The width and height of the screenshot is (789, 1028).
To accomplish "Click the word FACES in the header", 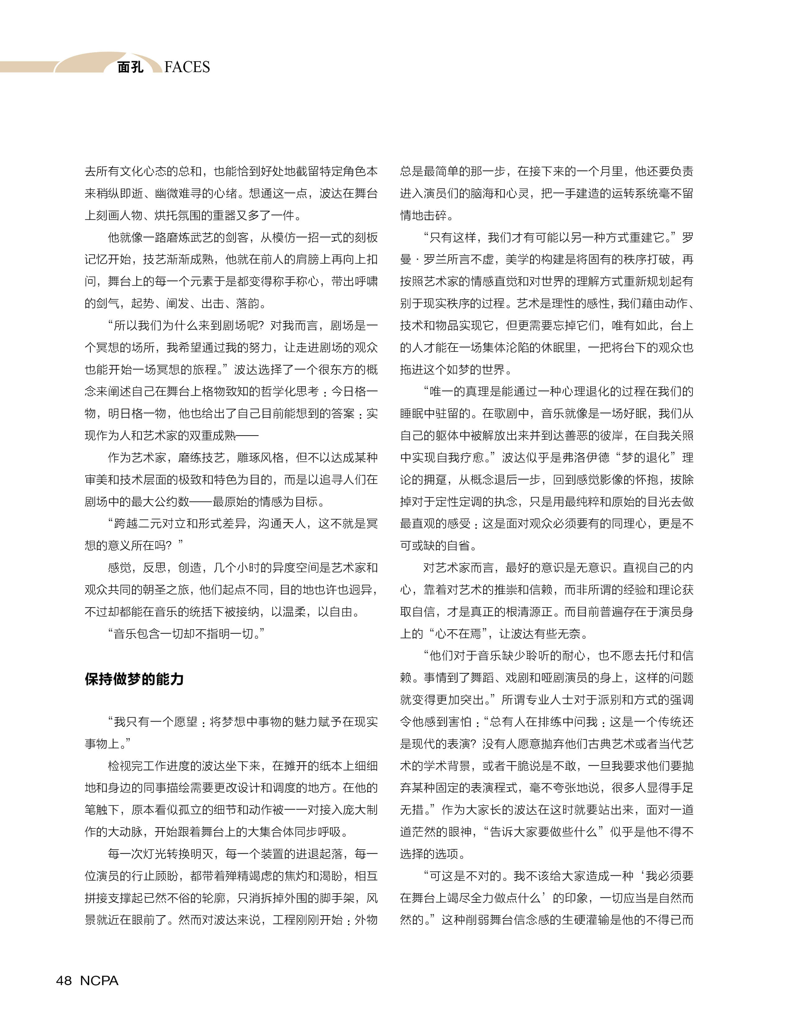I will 187,67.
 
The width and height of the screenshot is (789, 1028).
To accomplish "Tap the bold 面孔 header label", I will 130,67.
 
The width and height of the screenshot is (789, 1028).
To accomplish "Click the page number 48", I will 64,980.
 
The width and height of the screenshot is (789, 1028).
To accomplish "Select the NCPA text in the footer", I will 99,980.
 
